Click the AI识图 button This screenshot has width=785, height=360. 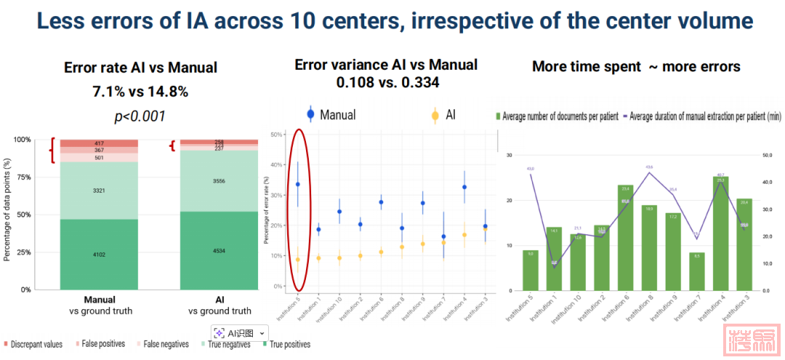240,332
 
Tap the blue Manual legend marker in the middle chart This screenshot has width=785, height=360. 310,114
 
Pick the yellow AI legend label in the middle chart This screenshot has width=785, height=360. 451,114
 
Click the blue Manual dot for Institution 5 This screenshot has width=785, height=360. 297,185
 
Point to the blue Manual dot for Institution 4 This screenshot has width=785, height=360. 464,187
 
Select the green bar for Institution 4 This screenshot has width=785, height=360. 720,244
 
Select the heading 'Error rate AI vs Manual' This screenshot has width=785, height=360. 140,68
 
